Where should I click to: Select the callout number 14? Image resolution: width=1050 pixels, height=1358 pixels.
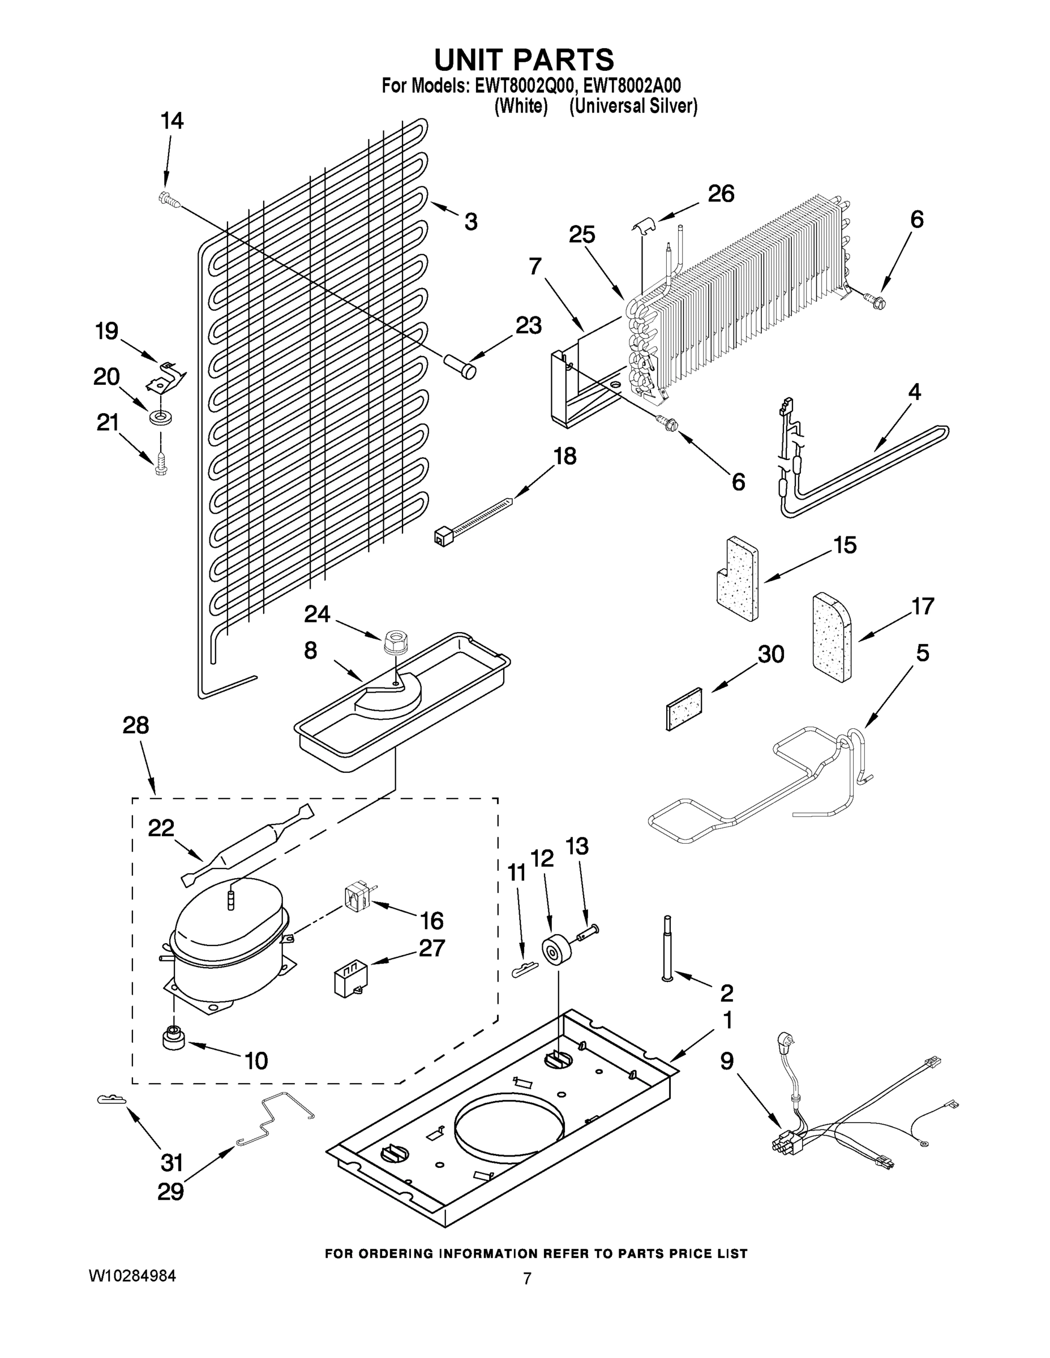pyautogui.click(x=172, y=121)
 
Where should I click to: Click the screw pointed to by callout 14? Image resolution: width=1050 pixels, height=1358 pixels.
pyautogui.click(x=169, y=199)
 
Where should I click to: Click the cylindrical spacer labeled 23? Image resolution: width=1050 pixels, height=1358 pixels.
pyautogui.click(x=460, y=366)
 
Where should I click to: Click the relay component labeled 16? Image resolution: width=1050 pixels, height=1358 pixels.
pyautogui.click(x=357, y=900)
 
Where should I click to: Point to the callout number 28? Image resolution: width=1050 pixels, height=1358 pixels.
pyautogui.click(x=136, y=725)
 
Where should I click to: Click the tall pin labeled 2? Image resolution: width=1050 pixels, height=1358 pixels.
pyautogui.click(x=667, y=949)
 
